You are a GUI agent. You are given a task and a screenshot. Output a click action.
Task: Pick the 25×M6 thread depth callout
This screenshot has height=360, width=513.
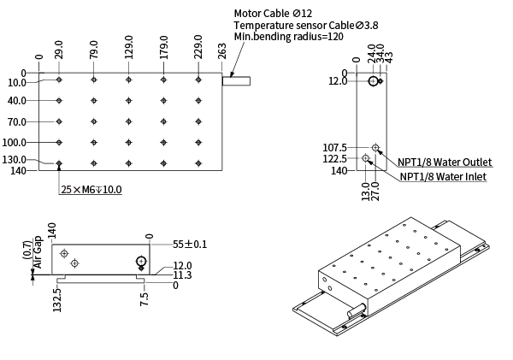click(91, 189)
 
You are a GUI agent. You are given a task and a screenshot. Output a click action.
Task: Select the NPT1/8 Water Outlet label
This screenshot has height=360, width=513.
click(445, 162)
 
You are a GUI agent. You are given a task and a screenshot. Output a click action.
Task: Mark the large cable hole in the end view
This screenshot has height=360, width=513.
click(374, 81)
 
